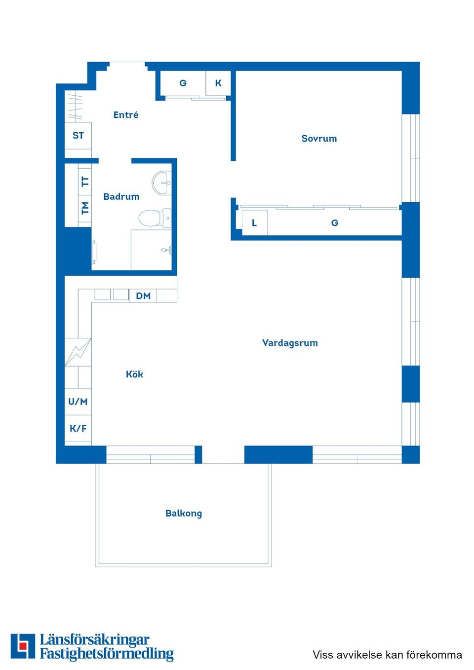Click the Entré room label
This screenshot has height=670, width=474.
(126, 115)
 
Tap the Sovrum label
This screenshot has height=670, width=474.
(319, 139)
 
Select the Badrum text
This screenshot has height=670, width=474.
(121, 197)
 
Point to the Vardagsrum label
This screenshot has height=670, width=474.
(290, 343)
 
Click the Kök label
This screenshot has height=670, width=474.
(134, 374)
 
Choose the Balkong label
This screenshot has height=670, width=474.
(184, 513)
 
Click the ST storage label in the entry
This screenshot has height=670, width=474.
(78, 135)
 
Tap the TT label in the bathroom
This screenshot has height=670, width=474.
(85, 181)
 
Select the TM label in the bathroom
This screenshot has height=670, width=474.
(85, 208)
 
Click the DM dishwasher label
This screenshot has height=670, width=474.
(143, 296)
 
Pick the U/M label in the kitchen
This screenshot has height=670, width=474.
(78, 402)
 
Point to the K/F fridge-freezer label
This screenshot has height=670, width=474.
(78, 428)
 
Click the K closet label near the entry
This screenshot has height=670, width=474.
(218, 83)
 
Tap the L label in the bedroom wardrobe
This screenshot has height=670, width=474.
(254, 223)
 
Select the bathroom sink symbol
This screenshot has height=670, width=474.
(161, 183)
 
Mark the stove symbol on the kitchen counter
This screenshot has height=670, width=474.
(78, 352)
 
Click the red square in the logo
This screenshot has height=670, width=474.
(23, 646)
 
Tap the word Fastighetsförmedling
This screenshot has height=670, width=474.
(107, 654)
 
